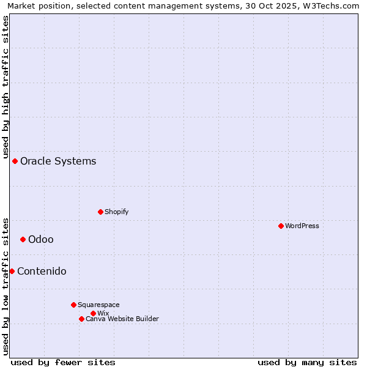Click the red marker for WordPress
(281, 226)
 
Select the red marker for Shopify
(100, 212)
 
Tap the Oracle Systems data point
(15, 161)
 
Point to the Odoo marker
(23, 239)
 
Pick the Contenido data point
(12, 271)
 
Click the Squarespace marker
(73, 305)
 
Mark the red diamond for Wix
(93, 313)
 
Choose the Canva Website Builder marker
(81, 319)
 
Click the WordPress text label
(302, 226)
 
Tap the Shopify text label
(116, 212)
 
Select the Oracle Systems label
(58, 161)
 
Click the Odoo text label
(41, 239)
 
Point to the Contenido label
(42, 271)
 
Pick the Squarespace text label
(98, 305)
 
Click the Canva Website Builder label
(122, 319)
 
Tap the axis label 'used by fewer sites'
(63, 362)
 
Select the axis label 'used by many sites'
(307, 362)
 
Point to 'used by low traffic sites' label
(6, 286)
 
